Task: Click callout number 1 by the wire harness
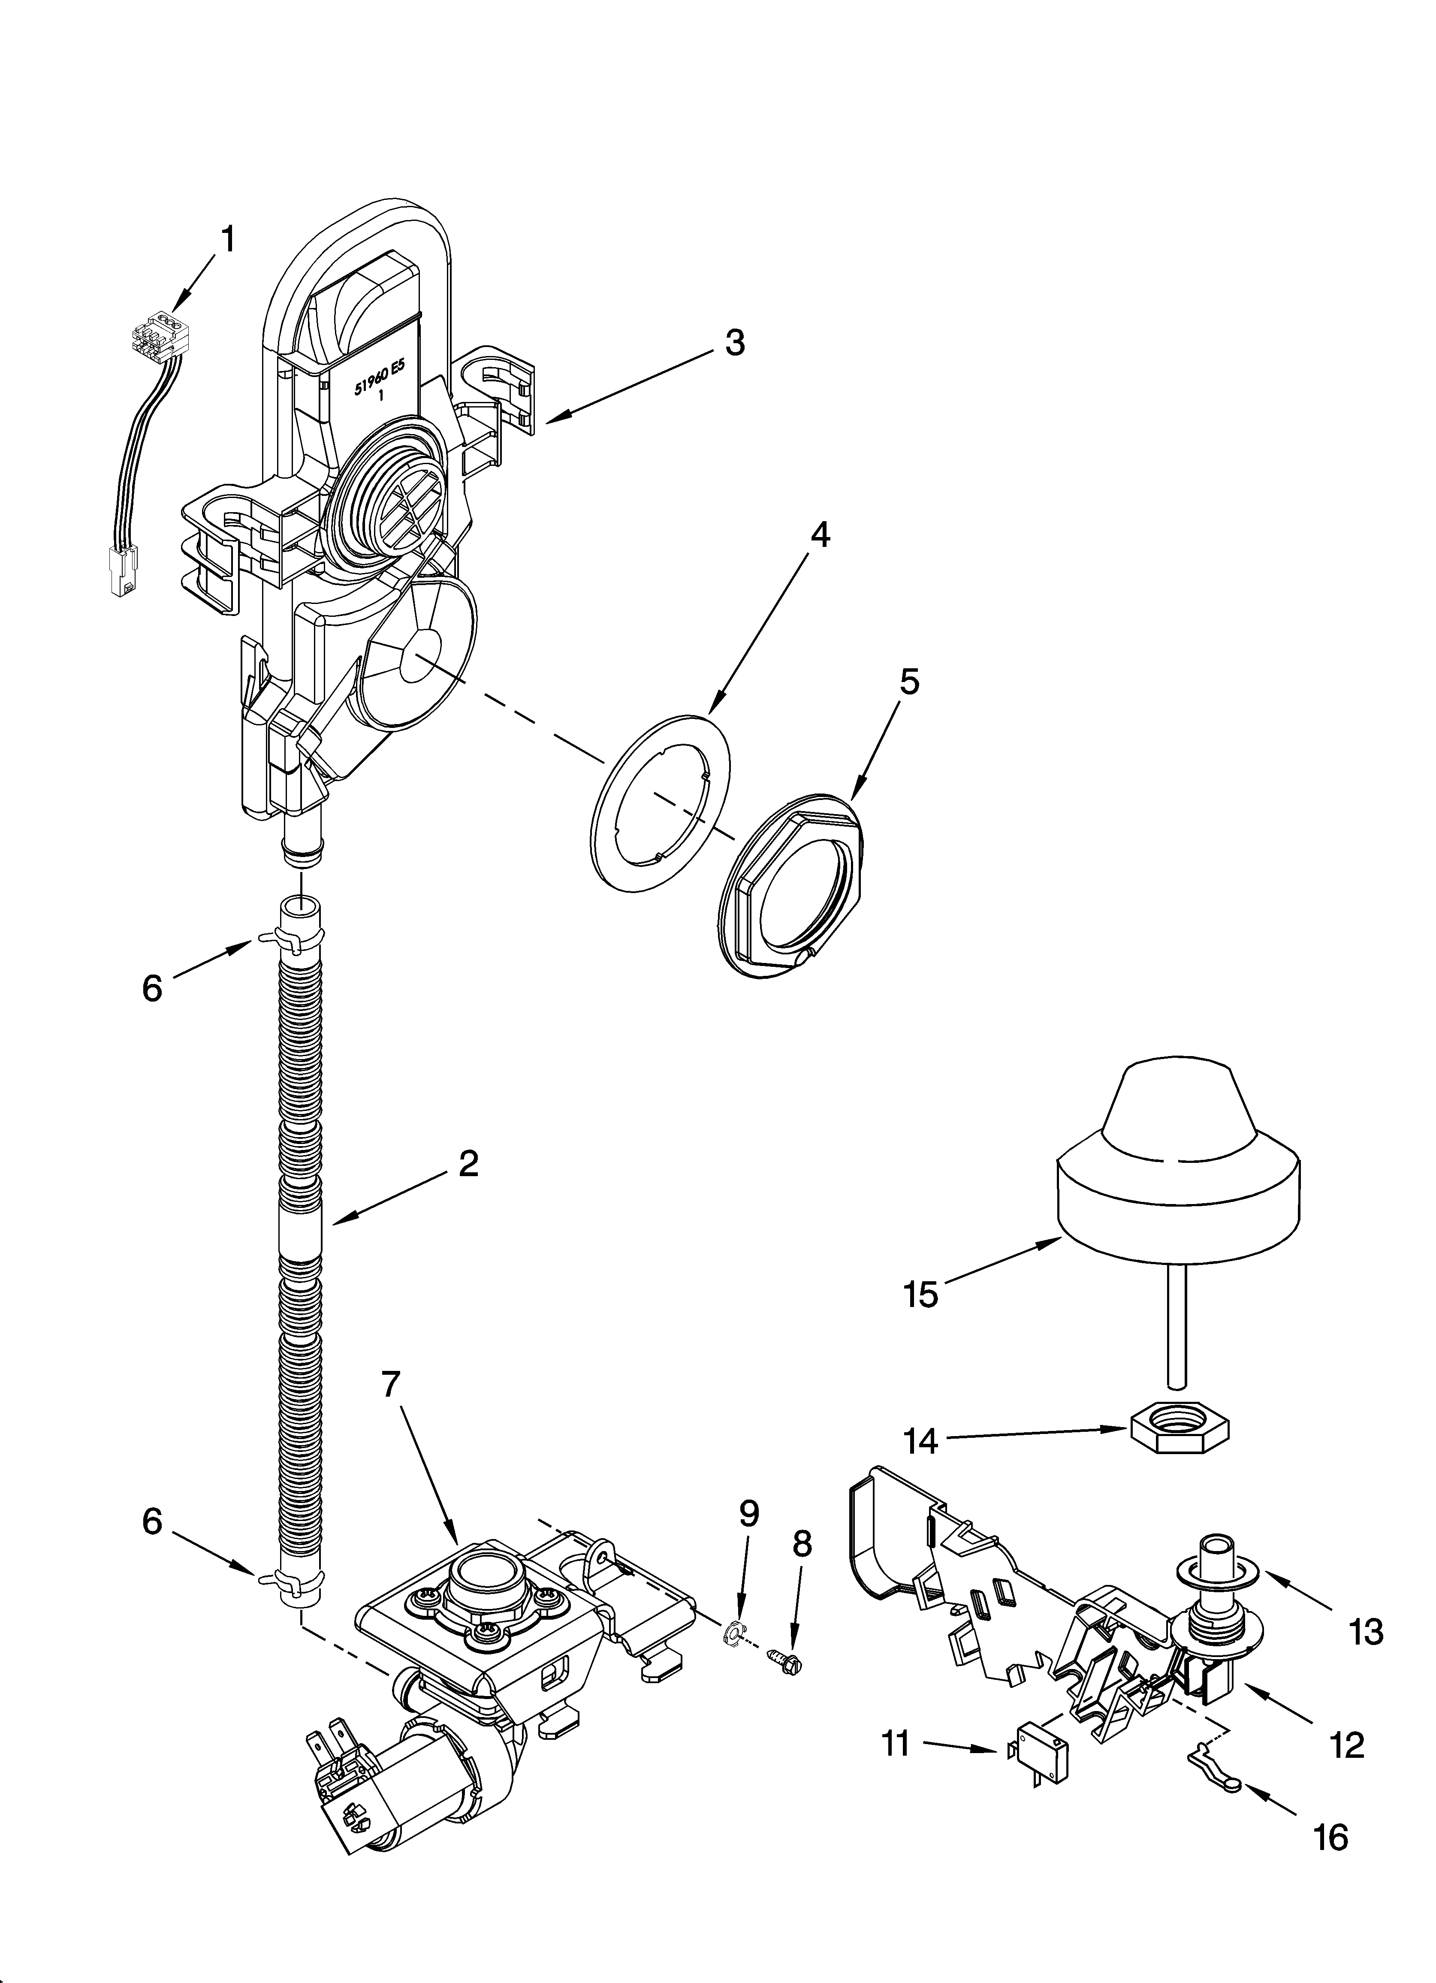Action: [x=227, y=238]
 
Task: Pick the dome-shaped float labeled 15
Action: [x=1179, y=1163]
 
